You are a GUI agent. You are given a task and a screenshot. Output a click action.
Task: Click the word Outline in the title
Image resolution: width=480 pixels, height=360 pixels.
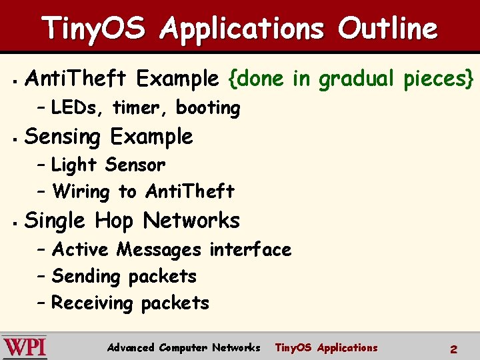(x=387, y=29)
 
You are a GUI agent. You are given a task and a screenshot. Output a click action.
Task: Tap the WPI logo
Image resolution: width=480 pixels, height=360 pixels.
(x=25, y=347)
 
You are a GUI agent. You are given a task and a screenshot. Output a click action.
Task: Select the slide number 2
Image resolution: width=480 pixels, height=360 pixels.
(x=453, y=349)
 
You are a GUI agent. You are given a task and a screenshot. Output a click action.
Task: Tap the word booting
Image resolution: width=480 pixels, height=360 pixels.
(x=208, y=108)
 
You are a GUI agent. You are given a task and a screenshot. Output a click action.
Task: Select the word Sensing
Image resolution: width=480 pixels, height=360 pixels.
(x=62, y=137)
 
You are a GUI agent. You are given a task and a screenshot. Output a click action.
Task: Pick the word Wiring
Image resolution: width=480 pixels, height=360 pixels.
(x=81, y=192)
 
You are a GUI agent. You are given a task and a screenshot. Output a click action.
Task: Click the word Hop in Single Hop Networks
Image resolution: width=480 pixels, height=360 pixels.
(x=115, y=220)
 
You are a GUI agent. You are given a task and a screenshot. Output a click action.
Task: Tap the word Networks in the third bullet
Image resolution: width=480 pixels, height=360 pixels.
(x=191, y=220)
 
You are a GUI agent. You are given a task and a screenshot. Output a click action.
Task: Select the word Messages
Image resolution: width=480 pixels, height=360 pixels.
(x=159, y=249)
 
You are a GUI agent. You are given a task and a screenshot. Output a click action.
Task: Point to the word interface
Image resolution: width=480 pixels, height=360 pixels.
(x=250, y=249)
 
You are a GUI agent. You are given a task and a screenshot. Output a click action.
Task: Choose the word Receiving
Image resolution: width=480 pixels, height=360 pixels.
(x=93, y=303)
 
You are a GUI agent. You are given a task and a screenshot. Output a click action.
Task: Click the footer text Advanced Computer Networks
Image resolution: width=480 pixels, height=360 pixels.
(x=183, y=347)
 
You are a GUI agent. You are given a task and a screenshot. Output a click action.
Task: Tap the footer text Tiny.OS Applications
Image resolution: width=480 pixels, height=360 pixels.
(x=326, y=347)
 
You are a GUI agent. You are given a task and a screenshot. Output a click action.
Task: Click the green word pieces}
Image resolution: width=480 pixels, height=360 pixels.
(x=439, y=79)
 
